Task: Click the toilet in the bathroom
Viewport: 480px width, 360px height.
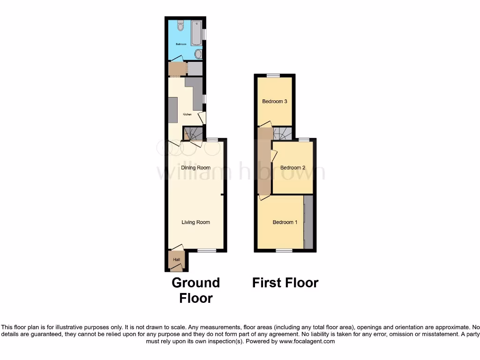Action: click(x=180, y=26)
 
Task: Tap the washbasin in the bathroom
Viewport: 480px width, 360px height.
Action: click(x=198, y=54)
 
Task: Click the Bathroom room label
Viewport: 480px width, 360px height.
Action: click(x=181, y=44)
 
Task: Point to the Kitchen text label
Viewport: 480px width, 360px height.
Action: click(x=187, y=114)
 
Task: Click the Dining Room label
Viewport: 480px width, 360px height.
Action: click(x=195, y=167)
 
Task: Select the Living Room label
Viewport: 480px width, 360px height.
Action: click(x=195, y=222)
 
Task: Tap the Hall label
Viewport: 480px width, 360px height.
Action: click(x=177, y=259)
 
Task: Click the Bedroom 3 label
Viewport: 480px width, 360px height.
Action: click(x=275, y=101)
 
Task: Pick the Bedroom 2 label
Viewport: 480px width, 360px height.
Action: click(x=293, y=168)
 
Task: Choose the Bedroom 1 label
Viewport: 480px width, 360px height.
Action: click(x=285, y=222)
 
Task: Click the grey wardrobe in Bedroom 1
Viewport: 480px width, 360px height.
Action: click(x=308, y=222)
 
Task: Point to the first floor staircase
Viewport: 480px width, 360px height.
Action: click(x=283, y=134)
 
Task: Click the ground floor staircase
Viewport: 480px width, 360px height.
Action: click(x=193, y=134)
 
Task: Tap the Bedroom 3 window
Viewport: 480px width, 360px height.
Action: click(x=274, y=75)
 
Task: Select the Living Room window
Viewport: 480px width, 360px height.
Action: click(x=206, y=251)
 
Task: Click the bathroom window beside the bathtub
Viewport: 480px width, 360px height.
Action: click(x=204, y=35)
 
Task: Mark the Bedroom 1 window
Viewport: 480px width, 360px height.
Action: click(x=284, y=251)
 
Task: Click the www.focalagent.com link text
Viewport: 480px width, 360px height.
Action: click(x=307, y=342)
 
